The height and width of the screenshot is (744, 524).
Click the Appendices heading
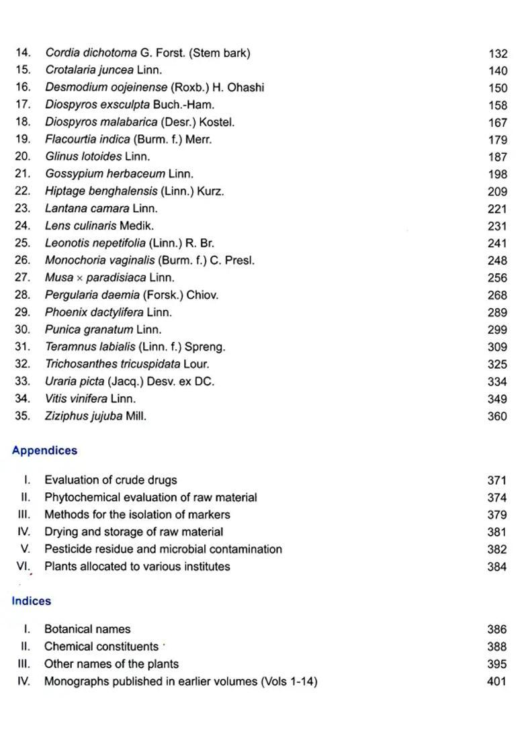tap(44, 451)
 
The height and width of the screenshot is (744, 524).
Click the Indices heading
tap(31, 601)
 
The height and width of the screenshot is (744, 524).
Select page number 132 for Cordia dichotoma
tap(498, 53)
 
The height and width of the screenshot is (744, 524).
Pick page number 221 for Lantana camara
tap(498, 209)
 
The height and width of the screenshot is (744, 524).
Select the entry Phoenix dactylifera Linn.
tap(108, 312)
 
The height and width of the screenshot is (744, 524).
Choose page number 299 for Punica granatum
tap(498, 330)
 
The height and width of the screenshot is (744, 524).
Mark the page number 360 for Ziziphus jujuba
tap(498, 416)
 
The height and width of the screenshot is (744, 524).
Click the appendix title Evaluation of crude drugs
tap(111, 480)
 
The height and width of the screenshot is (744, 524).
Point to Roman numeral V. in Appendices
tap(26, 549)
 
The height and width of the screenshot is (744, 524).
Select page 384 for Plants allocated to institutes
tap(498, 567)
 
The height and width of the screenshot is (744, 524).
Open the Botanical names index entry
tap(87, 629)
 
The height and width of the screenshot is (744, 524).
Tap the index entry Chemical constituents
tap(101, 647)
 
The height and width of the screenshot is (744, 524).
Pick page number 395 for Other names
tap(498, 664)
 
